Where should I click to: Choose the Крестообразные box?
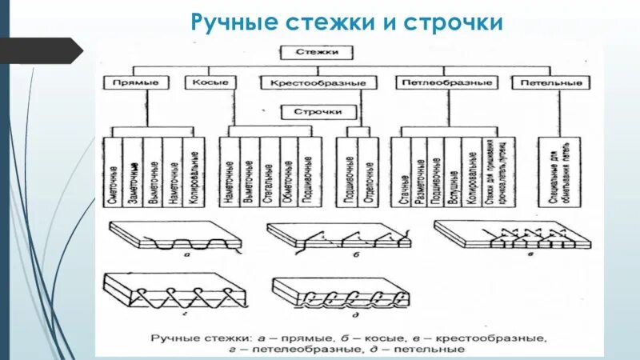coord(318,82)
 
